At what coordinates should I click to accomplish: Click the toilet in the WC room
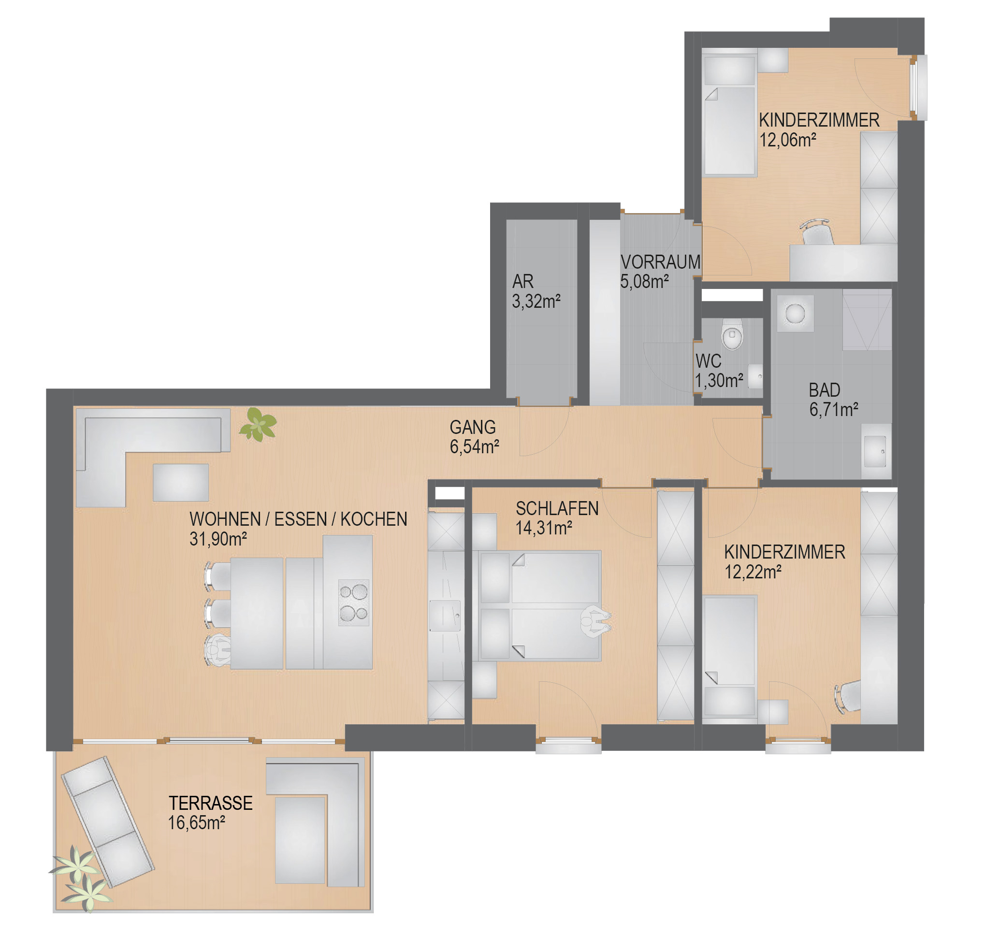732,334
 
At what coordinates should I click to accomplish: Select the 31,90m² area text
218,539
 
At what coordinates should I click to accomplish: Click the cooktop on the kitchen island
354,603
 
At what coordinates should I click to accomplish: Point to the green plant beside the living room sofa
258,424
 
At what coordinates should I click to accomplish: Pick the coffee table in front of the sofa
181,483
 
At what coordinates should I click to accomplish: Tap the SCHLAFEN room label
557,508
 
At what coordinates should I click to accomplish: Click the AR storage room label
523,281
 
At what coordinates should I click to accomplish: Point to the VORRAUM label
660,262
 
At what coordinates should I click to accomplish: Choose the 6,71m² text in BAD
834,410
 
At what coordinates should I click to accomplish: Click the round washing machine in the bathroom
795,313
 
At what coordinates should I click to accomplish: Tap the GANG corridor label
473,428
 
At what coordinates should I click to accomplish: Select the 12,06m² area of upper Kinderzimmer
788,140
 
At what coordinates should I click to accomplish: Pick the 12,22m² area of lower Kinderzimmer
753,572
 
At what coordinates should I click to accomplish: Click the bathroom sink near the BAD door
875,451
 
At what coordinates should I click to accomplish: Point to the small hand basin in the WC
755,376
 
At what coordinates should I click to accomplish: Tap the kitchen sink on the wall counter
445,616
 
